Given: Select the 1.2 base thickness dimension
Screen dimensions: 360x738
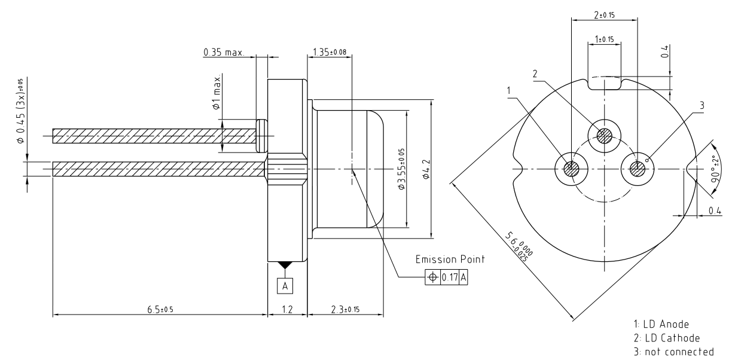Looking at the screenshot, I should pyautogui.click(x=286, y=309).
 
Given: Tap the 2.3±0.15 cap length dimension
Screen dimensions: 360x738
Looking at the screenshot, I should pyautogui.click(x=344, y=309).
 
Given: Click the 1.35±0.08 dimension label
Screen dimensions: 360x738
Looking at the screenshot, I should pyautogui.click(x=330, y=53).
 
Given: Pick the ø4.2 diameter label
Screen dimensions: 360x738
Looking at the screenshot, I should pyautogui.click(x=438, y=169).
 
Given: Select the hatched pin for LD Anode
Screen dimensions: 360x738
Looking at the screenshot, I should pyautogui.click(x=571, y=168).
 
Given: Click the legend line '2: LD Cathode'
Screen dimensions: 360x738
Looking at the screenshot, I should pyautogui.click(x=663, y=337).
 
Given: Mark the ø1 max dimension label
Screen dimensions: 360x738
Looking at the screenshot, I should pyautogui.click(x=218, y=93).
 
